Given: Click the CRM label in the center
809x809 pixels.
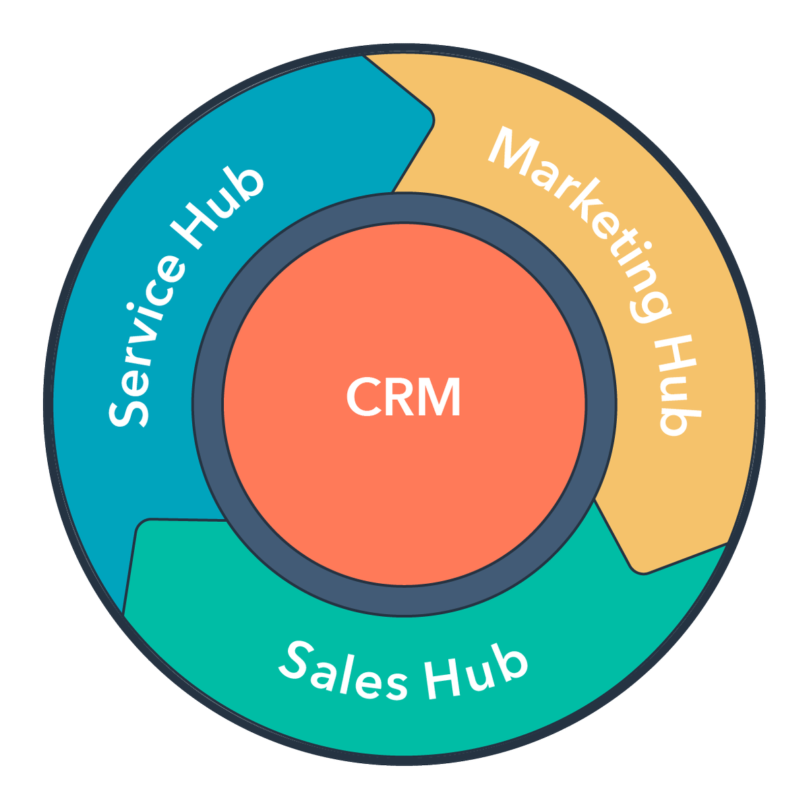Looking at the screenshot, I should pyautogui.click(x=403, y=398).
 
